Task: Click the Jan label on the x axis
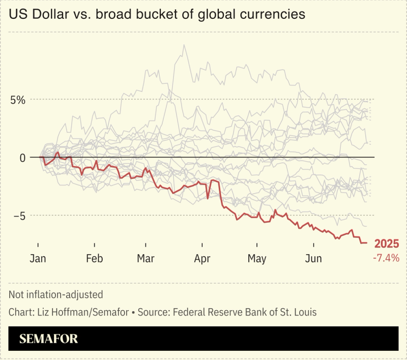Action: coord(38,259)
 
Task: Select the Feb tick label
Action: coord(94,259)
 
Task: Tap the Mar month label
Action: coord(146,259)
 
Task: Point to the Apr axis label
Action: coord(202,259)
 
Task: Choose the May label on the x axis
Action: coord(257,259)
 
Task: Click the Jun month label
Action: coord(313,259)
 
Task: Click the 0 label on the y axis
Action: coord(22,158)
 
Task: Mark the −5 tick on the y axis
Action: coord(19,216)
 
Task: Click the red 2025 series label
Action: coord(387,244)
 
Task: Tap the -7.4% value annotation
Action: coord(386,258)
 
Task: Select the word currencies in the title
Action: coord(273,14)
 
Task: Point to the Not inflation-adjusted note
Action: coord(56,294)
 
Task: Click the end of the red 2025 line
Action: coord(366,243)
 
